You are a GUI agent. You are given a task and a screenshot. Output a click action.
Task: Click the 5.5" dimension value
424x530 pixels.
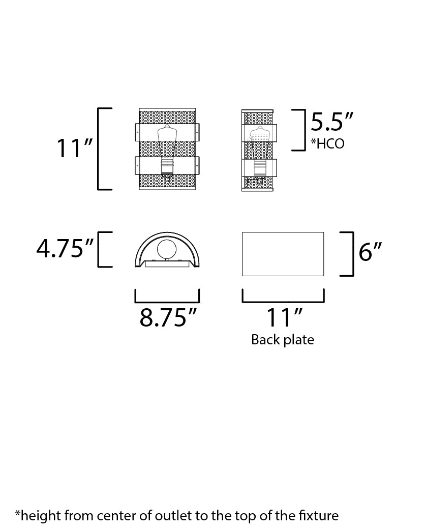pos(332,122)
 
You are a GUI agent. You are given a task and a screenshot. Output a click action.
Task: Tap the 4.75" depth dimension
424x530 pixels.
pos(65,248)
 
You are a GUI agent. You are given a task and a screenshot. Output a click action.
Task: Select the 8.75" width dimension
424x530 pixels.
pos(168,317)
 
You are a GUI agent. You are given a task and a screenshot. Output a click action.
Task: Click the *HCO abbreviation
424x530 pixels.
pos(327,143)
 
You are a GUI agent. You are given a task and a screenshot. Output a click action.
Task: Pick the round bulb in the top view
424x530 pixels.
pos(167,249)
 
